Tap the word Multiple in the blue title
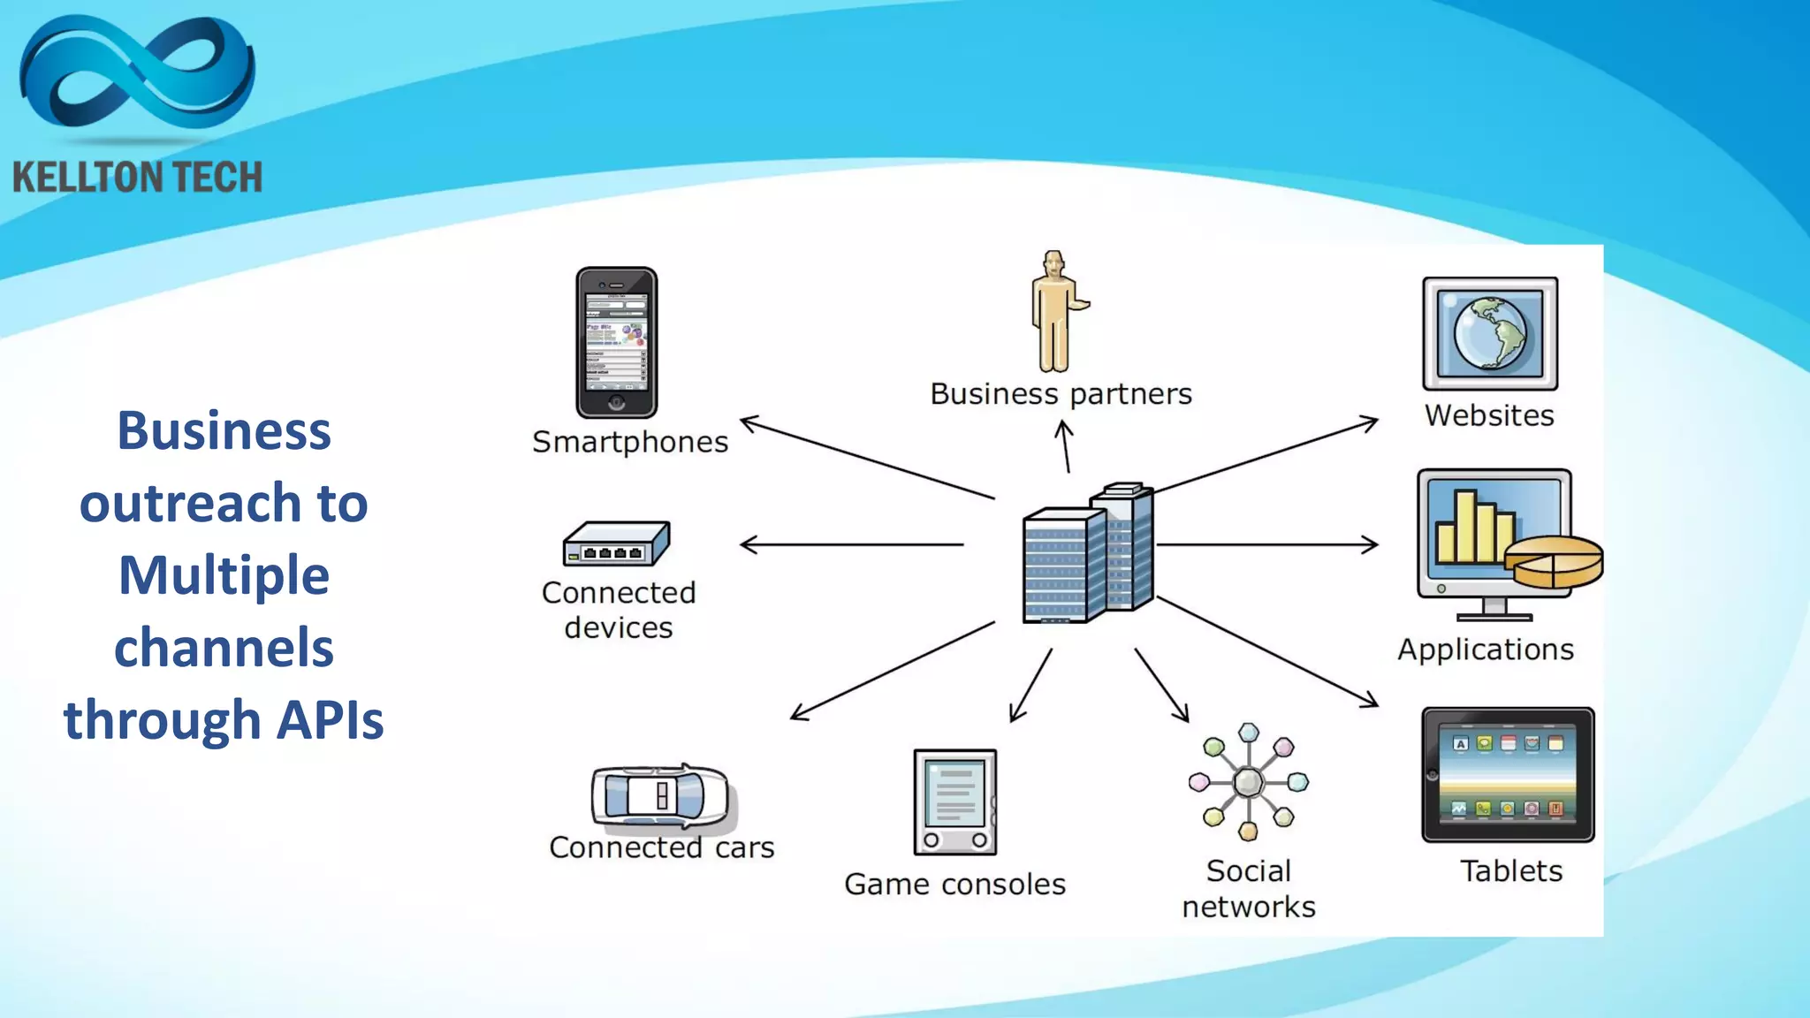tap(224, 575)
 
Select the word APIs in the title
tap(330, 719)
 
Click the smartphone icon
tap(616, 343)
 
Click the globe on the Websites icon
tap(1490, 333)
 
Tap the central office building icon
tap(1088, 554)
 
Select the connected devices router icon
tap(617, 543)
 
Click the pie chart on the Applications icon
tap(1554, 562)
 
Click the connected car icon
tap(660, 796)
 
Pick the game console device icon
tap(954, 801)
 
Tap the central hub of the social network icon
tap(1248, 782)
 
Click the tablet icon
tap(1508, 775)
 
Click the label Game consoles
tap(954, 884)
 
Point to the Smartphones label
tap(630, 442)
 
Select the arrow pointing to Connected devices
tap(851, 544)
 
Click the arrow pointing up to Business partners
tap(1065, 446)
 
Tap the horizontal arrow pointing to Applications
tap(1266, 544)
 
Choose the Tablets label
tap(1510, 871)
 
